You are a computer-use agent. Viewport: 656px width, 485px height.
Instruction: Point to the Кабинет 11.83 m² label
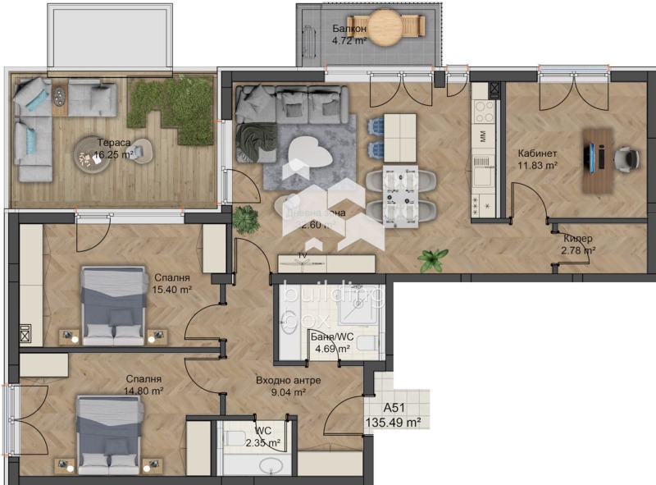pyautogui.click(x=538, y=159)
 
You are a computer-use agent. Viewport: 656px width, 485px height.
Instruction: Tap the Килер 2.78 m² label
pyautogui.click(x=577, y=245)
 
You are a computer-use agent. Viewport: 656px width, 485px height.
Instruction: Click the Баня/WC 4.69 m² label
pyautogui.click(x=330, y=342)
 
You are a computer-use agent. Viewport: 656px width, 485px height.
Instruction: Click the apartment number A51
pyautogui.click(x=397, y=408)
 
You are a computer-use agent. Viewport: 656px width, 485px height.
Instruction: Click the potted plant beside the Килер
pyautogui.click(x=432, y=260)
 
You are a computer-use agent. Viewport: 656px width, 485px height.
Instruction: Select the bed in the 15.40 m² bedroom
pyautogui.click(x=114, y=304)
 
